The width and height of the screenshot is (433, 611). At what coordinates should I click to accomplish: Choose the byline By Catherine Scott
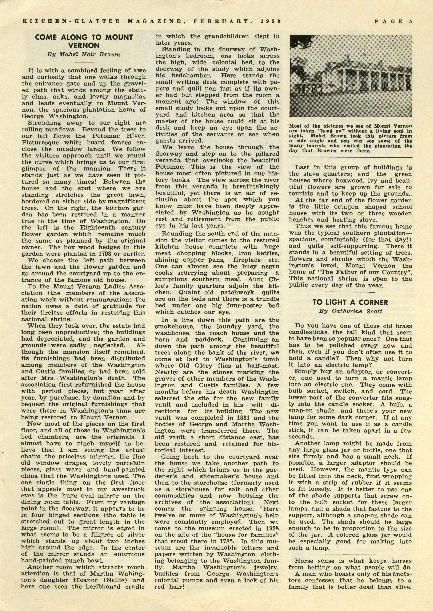point(350,311)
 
